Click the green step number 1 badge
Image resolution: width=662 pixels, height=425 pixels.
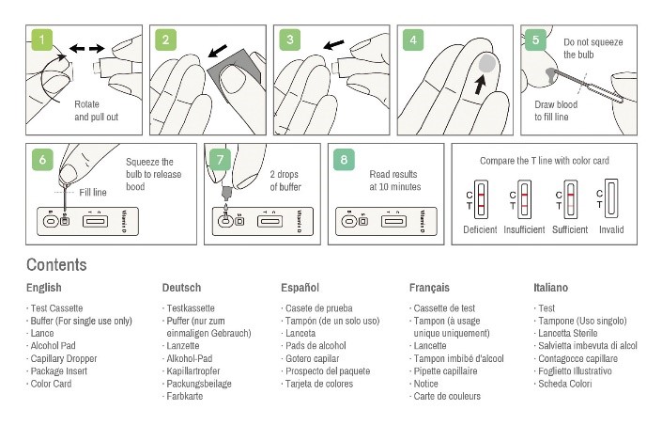click(43, 40)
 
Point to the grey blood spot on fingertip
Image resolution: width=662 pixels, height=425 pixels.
click(486, 63)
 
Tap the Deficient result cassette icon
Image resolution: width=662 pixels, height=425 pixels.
click(480, 200)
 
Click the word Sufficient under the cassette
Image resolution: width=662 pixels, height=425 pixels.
click(570, 229)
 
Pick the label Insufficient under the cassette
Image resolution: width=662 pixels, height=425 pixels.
click(524, 229)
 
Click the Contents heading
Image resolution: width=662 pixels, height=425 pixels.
click(56, 265)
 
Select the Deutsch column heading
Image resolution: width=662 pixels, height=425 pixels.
click(181, 288)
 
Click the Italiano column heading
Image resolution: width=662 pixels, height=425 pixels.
click(550, 288)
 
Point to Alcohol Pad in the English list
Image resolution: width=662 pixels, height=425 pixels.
click(53, 346)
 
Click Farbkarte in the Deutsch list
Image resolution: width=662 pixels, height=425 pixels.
click(184, 397)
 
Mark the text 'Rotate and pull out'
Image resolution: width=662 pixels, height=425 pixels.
click(98, 111)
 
